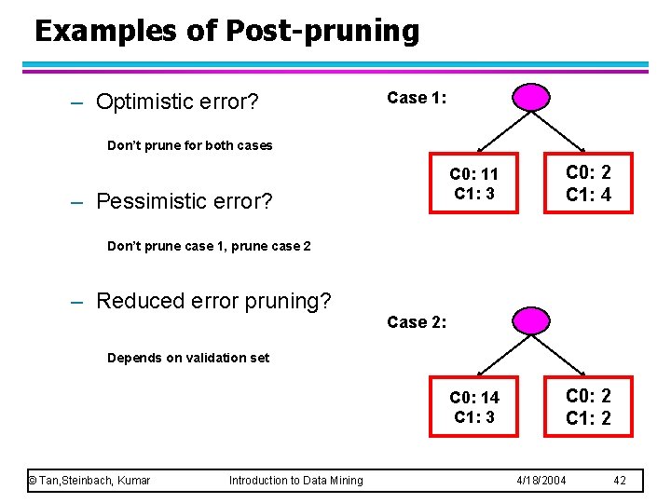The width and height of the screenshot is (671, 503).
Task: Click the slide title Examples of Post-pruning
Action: tap(226, 31)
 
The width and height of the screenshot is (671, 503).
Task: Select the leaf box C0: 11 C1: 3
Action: tap(473, 184)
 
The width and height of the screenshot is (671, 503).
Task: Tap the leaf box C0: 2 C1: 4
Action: tap(589, 184)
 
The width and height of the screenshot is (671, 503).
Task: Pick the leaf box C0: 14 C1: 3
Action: tap(473, 407)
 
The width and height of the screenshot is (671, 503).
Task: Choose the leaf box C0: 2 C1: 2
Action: tap(589, 407)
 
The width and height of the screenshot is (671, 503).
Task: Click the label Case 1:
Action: tap(417, 98)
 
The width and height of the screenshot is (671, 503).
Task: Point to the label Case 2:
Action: tap(417, 321)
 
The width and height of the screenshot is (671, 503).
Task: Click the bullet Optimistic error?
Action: tap(177, 101)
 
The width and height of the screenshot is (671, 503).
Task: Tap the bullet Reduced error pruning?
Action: tap(213, 301)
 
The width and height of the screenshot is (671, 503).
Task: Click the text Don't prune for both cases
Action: tap(190, 145)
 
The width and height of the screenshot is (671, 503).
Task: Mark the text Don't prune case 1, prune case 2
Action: tap(209, 246)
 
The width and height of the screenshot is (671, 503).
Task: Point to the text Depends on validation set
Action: tap(188, 358)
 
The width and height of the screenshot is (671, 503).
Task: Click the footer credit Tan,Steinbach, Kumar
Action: tap(89, 480)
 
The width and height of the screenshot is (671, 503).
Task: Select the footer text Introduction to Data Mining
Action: tap(295, 480)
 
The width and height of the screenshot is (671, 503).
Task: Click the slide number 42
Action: tap(620, 480)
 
